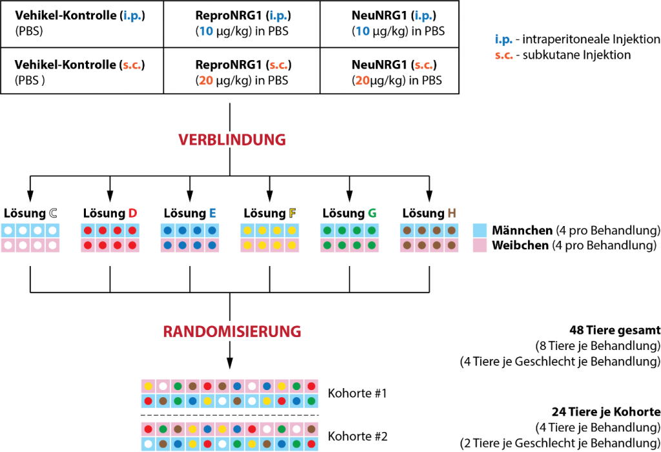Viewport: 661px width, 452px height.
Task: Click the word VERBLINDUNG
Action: [231, 139]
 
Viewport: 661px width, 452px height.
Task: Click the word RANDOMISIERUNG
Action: [232, 332]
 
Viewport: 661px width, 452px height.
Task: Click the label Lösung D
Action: [110, 213]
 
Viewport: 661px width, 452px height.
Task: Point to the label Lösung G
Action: [349, 213]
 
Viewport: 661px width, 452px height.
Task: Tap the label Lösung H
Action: [429, 213]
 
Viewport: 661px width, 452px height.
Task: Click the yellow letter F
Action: [292, 213]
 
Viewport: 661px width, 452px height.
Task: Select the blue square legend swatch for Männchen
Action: [479, 231]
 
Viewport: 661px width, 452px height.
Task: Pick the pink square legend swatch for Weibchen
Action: [479, 245]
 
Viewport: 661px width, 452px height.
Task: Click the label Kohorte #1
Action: [358, 393]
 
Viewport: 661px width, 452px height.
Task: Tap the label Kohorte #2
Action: [358, 436]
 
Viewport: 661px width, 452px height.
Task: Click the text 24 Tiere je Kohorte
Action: [606, 411]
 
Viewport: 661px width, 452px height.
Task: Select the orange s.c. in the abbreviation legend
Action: [504, 55]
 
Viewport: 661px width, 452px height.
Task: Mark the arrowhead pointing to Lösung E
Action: [190, 196]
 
